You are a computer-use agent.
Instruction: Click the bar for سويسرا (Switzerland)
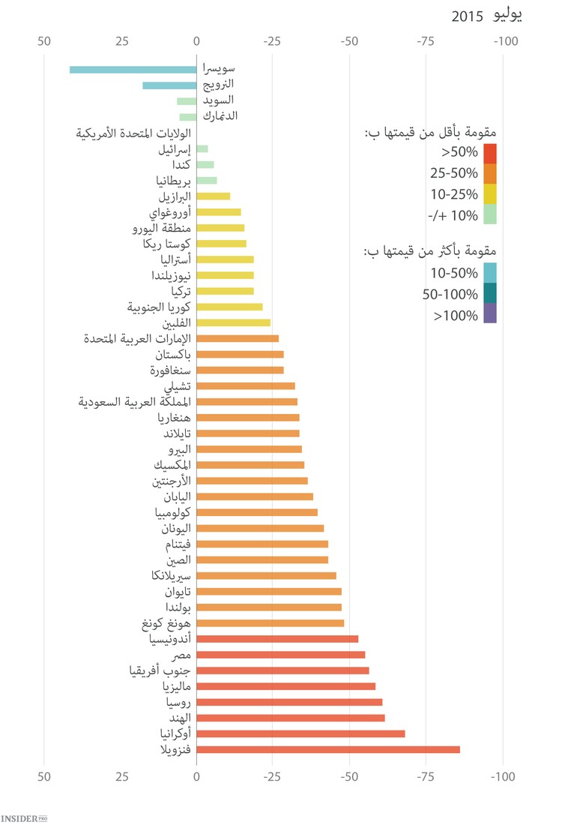click(133, 70)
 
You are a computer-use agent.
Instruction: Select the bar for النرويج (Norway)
click(169, 85)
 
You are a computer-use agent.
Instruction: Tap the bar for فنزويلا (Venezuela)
click(328, 749)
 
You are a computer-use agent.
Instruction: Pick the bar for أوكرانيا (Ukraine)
click(300, 733)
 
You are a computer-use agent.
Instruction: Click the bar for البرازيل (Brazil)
click(214, 196)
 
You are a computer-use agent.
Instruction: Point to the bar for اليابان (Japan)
click(255, 496)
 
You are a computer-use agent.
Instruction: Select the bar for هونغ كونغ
click(270, 623)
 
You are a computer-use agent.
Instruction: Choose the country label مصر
click(178, 655)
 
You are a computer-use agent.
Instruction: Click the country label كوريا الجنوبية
click(159, 307)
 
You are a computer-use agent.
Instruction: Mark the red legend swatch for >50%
click(490, 153)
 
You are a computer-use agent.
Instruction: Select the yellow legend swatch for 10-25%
click(490, 194)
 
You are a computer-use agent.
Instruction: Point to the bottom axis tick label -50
click(349, 778)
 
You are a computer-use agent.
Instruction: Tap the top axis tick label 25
click(121, 42)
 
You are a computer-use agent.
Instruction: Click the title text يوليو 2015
click(487, 15)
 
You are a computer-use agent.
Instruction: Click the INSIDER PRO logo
click(29, 817)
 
